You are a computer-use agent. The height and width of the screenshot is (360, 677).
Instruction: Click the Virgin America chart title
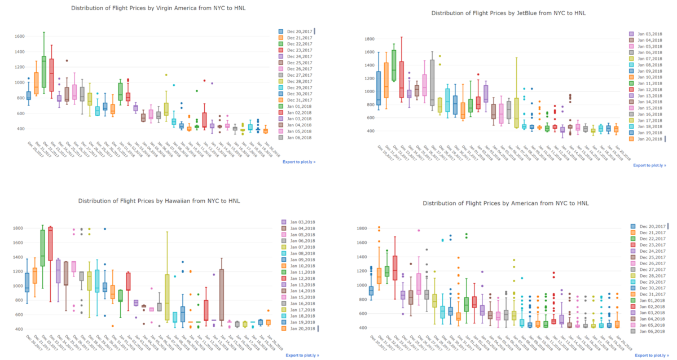tap(159, 8)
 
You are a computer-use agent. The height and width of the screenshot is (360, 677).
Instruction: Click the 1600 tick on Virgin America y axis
tap(20, 36)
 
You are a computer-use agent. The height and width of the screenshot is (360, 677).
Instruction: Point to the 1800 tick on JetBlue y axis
tap(370, 39)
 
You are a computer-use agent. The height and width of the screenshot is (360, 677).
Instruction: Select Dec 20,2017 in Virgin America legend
tap(299, 31)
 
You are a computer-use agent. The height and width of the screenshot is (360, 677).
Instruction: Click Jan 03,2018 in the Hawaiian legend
tap(302, 223)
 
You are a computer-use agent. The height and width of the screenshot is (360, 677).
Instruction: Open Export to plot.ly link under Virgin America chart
tap(299, 162)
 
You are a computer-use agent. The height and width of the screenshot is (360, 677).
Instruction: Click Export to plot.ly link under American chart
tap(649, 355)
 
